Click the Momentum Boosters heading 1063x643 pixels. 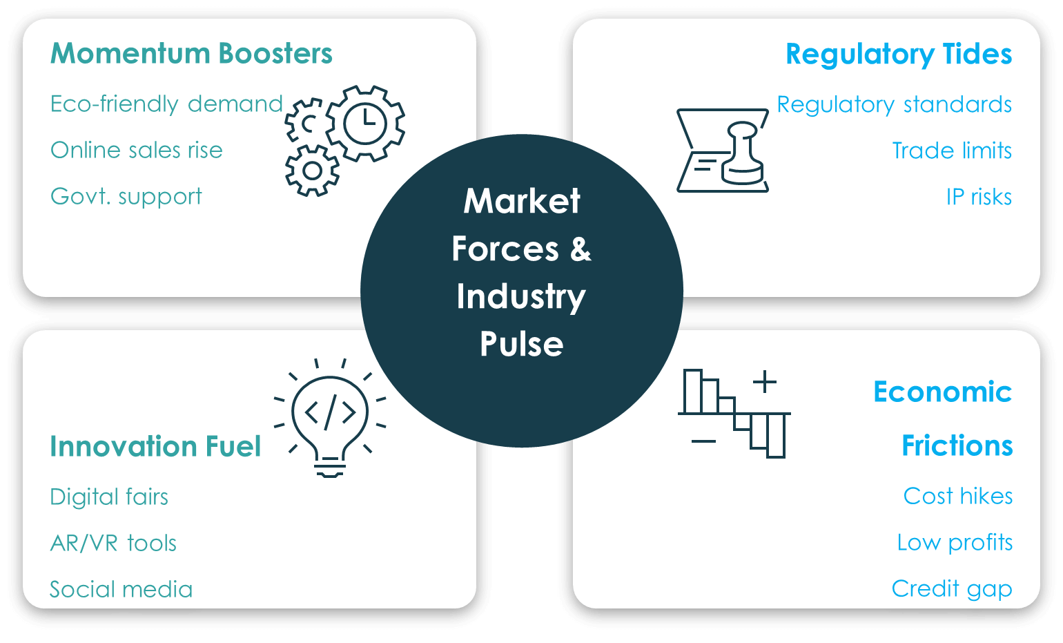(191, 54)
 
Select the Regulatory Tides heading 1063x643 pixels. (898, 55)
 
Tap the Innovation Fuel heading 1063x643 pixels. (155, 446)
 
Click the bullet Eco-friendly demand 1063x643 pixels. (166, 104)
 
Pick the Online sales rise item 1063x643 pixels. (137, 151)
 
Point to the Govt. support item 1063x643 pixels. (126, 197)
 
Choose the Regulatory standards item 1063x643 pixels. (894, 105)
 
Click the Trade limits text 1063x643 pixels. (951, 151)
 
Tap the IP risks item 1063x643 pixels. (978, 198)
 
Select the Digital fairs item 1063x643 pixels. (109, 497)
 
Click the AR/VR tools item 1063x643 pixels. (113, 544)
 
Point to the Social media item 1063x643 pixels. (121, 590)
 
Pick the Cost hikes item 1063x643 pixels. (957, 497)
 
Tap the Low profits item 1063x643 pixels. (954, 543)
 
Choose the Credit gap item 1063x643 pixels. (951, 589)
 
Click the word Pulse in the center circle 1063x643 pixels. (521, 344)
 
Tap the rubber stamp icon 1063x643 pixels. (743, 154)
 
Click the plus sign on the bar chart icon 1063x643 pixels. (764, 381)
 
